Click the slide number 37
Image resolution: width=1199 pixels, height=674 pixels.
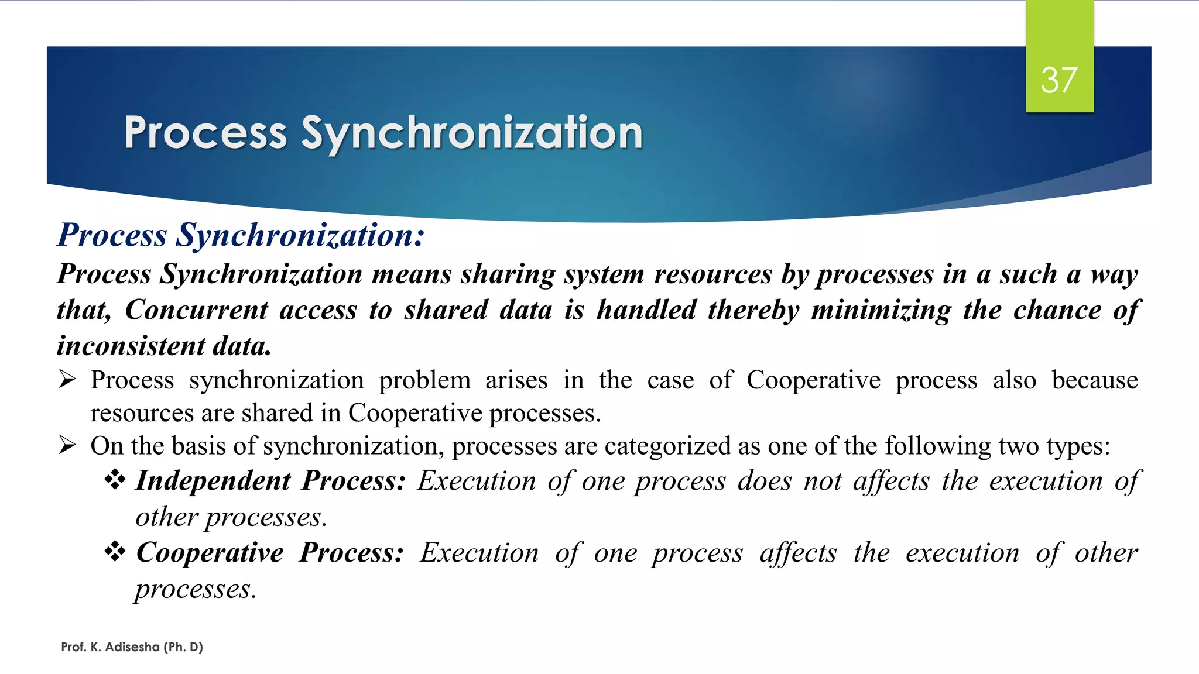[x=1058, y=80]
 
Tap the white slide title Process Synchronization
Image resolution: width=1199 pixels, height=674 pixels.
[x=383, y=133]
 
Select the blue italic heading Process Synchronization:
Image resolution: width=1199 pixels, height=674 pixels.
[x=241, y=235]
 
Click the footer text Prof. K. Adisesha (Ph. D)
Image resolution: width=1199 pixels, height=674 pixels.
[x=132, y=647]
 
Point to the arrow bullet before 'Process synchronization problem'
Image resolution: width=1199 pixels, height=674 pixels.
[x=67, y=380]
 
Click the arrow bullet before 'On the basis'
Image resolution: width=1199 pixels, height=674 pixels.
[x=67, y=446]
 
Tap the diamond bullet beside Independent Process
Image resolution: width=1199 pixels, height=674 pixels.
[x=115, y=480]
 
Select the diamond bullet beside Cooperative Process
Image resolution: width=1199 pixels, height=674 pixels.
[x=115, y=552]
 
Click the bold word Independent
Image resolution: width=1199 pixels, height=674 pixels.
[x=213, y=481]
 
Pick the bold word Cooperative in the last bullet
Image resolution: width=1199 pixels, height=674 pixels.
[x=210, y=553]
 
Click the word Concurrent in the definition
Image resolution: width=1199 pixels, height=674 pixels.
[x=197, y=310]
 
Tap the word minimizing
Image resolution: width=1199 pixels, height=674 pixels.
[x=881, y=310]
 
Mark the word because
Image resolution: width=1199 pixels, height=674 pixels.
[x=1095, y=380]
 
